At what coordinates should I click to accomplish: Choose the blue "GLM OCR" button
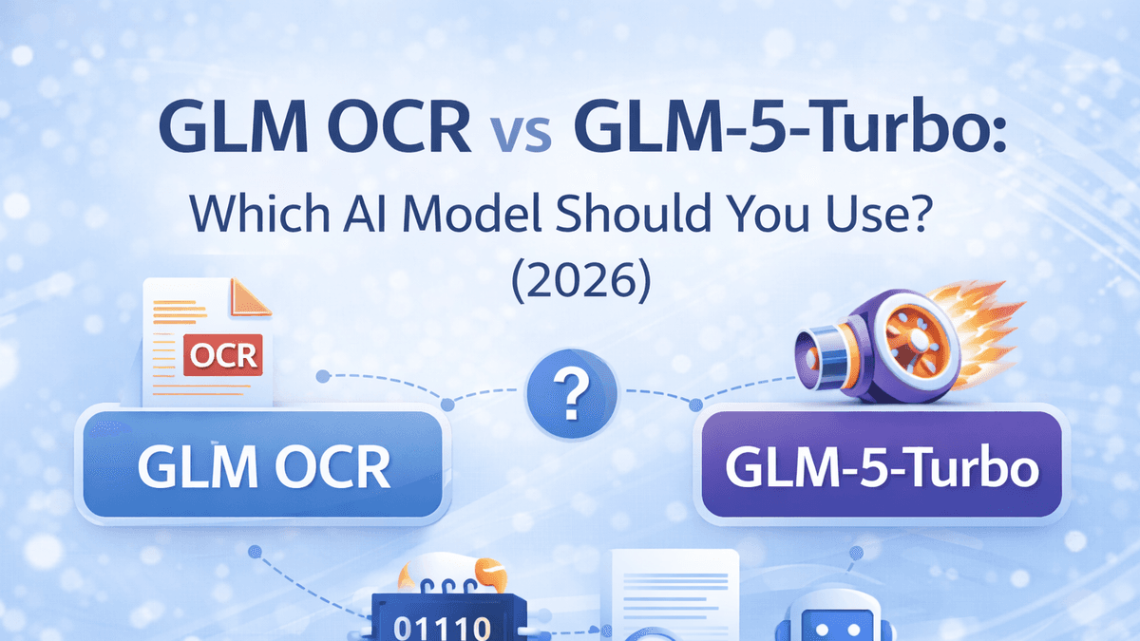pyautogui.click(x=263, y=466)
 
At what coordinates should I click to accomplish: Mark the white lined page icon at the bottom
pyautogui.click(x=675, y=594)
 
